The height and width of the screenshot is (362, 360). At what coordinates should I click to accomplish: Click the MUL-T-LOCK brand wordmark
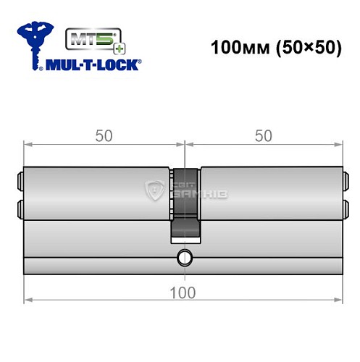[94, 64]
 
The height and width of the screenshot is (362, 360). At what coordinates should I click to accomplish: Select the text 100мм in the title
[232, 49]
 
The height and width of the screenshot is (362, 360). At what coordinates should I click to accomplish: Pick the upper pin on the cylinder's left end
[18, 178]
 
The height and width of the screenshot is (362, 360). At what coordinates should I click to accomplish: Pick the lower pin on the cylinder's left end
[18, 210]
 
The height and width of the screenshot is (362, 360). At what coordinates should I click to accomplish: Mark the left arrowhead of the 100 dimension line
[28, 297]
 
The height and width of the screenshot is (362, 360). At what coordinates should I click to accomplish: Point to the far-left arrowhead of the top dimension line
[28, 144]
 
